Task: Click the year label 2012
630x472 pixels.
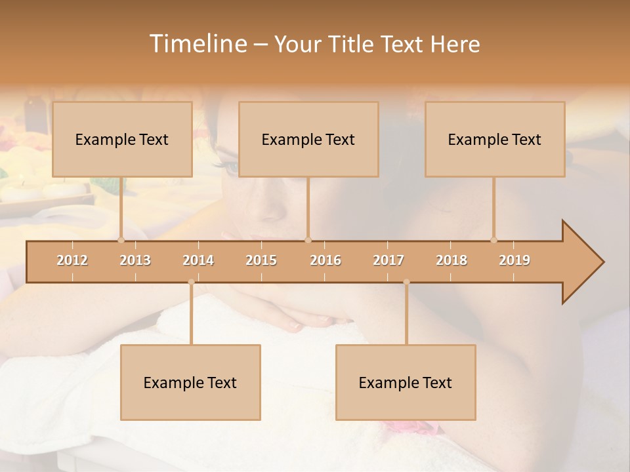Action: tap(72, 260)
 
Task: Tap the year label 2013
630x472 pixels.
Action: tap(135, 260)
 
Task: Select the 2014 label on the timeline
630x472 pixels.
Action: tap(198, 260)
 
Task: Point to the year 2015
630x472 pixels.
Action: tap(261, 260)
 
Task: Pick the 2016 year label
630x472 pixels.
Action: tap(325, 260)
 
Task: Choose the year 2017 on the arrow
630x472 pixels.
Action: tap(388, 260)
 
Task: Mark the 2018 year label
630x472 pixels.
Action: tap(451, 260)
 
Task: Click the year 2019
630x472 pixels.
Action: tap(514, 260)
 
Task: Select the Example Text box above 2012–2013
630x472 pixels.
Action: tap(122, 139)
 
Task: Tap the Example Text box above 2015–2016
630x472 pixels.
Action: tap(308, 139)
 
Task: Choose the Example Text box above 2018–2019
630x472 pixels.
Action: tap(495, 139)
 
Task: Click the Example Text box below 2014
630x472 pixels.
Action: tap(190, 382)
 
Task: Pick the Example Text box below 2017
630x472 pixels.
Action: tap(406, 382)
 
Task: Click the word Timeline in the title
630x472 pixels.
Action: tap(196, 44)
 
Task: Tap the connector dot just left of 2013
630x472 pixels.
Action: tap(121, 240)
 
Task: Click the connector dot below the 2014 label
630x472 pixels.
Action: tap(191, 282)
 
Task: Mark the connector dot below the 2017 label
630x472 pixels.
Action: tap(406, 282)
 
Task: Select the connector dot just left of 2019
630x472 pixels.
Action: tap(493, 240)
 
